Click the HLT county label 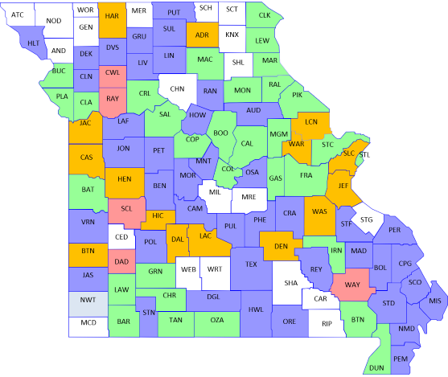pos(33,43)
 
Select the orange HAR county pos(113,17)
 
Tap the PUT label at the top pos(174,13)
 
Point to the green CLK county pos(265,16)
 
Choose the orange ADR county pos(202,35)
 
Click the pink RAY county pos(113,98)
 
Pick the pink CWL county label pos(113,73)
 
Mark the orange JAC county pos(84,124)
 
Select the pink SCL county pos(126,208)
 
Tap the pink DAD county pos(121,262)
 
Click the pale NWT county pos(87,301)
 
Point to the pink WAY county pos(352,285)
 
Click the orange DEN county pos(282,246)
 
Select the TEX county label pos(252,264)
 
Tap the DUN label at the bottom pos(376,367)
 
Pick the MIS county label pos(435,301)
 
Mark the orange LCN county pos(311,124)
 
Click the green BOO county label pos(220,133)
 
